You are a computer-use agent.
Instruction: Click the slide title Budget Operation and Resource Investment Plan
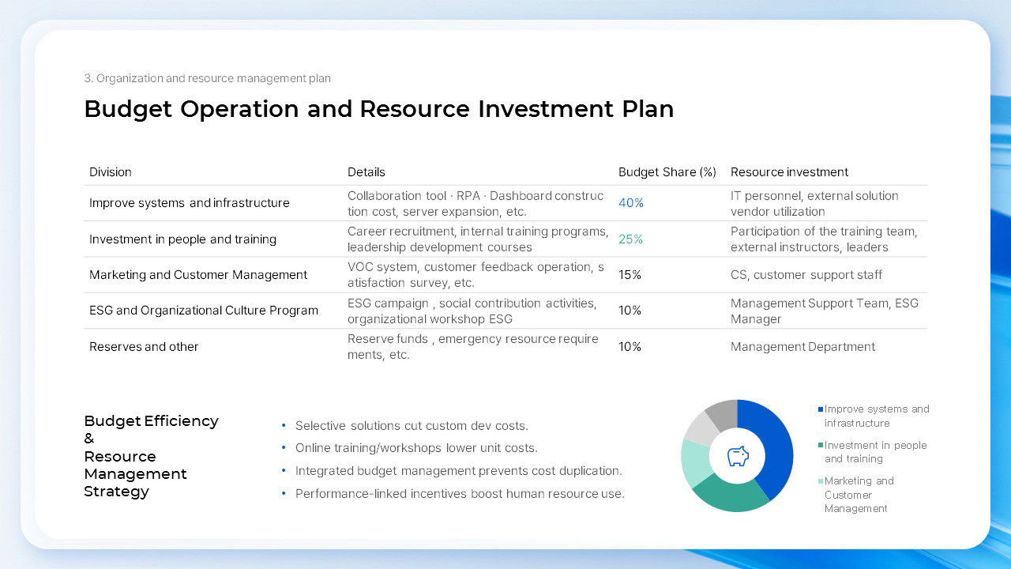378,109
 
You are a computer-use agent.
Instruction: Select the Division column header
111,172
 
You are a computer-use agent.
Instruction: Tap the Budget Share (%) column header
667,172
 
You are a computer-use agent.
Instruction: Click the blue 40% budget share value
631,203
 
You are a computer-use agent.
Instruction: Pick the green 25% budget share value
630,239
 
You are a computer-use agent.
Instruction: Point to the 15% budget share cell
630,275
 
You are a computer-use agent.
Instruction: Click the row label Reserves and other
144,347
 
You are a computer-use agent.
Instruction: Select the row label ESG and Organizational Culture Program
204,311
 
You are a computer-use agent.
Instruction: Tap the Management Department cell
802,347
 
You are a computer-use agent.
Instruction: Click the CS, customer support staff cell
806,275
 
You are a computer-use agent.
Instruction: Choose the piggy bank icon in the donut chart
737,456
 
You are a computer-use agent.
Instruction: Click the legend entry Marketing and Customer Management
859,495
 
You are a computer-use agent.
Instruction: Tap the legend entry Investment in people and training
874,452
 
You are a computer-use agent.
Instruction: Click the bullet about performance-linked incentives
460,494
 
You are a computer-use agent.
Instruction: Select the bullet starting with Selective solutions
412,426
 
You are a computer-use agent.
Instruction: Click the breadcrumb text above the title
207,78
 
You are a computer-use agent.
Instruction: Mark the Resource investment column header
789,172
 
